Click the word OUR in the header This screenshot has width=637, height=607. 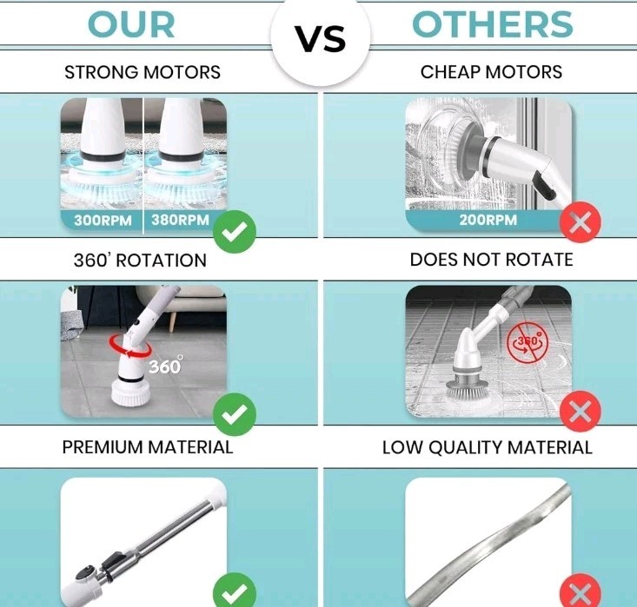pos(131,25)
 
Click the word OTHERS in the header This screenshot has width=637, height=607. pos(493,24)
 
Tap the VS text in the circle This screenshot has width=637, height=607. pos(320,39)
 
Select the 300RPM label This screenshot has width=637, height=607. pos(103,221)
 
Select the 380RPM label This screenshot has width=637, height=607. pos(181,220)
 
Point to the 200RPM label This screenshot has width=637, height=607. pos(488,220)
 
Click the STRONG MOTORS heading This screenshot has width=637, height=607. pos(143,72)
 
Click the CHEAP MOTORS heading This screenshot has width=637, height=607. pos(491,72)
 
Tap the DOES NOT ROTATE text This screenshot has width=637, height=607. pos(491,260)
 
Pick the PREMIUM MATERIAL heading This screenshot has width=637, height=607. pos(148,447)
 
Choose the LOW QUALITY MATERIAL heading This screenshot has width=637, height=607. pos(488,447)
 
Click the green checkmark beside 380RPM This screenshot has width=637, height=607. pos(235,232)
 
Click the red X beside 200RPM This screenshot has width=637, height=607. pos(581,222)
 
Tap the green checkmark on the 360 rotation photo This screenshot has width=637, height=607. pos(235,414)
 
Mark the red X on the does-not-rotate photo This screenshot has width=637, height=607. pos(581,412)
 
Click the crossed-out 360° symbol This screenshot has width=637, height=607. pos(528,342)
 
